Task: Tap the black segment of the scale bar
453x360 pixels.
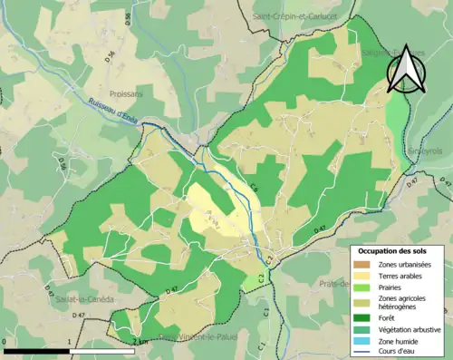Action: [37, 349]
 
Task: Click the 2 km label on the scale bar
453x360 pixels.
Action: [138, 341]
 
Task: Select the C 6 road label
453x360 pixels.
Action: [255, 188]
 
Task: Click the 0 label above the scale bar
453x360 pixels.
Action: [5, 342]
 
